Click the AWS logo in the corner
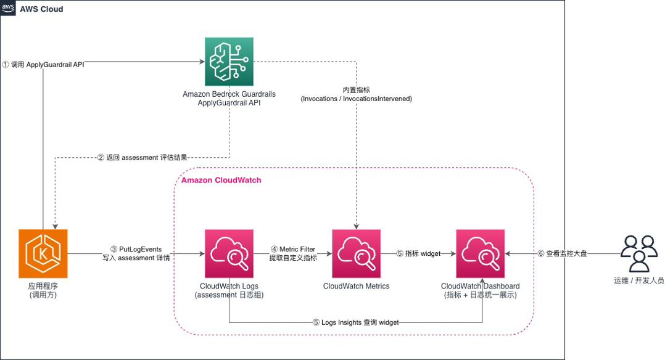8,8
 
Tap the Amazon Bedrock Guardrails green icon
229,62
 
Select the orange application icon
43,253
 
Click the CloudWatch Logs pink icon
229,253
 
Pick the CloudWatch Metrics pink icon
357,253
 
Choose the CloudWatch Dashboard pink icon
481,253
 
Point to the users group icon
639,253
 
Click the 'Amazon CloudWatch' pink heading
221,180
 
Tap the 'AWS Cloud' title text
41,9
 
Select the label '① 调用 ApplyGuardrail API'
43,65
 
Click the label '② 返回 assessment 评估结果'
142,158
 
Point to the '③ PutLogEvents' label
136,249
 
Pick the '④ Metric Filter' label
293,249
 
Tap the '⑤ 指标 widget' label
419,253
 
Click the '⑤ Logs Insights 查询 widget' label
356,322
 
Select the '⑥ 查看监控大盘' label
562,253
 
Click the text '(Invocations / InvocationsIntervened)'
357,99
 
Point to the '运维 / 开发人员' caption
639,280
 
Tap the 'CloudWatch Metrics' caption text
357,286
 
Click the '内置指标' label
357,90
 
